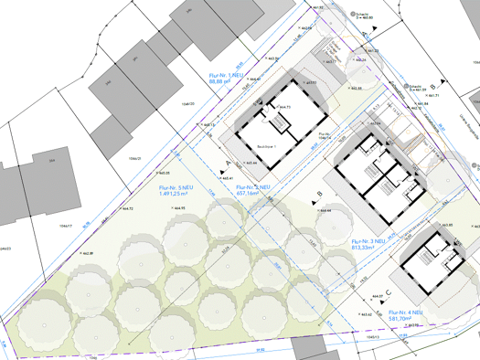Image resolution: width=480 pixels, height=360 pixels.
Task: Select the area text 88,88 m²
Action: [224, 81]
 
